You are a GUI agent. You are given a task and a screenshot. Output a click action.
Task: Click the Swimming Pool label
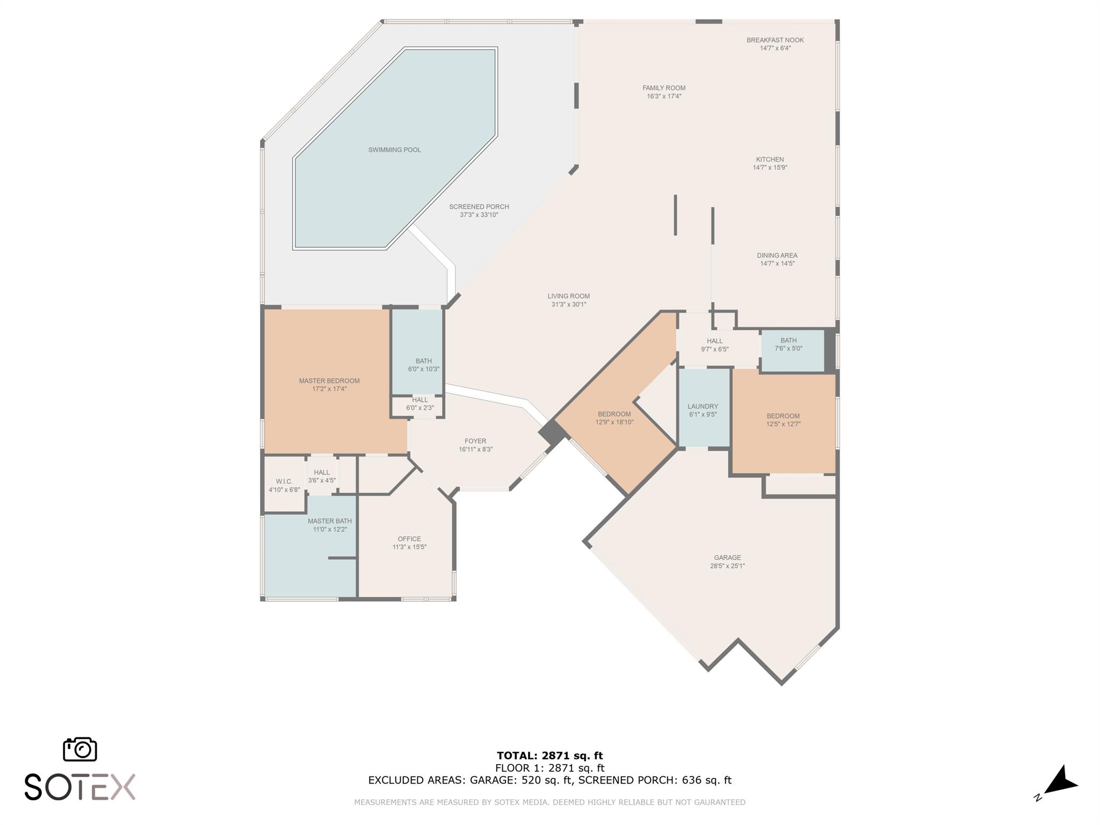(x=394, y=150)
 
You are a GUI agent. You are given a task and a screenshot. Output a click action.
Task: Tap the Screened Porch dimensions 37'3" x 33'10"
(x=479, y=215)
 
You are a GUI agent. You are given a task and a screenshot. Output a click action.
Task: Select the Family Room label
(x=664, y=88)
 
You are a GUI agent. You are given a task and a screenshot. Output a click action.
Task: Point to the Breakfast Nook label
(x=775, y=40)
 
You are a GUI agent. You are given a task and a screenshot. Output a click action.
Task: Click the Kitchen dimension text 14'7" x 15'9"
(x=770, y=168)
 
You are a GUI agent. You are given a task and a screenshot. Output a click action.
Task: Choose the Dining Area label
(x=777, y=256)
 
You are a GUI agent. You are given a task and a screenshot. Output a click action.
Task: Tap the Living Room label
(x=569, y=296)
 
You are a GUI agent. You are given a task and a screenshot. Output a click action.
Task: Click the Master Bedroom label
(x=329, y=381)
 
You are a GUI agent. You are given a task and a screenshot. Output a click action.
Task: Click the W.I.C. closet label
(x=284, y=482)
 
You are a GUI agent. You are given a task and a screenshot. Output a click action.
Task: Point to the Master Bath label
(x=330, y=521)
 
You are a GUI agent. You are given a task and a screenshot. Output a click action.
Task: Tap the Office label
(x=409, y=539)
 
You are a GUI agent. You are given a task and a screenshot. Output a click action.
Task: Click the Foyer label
(x=475, y=442)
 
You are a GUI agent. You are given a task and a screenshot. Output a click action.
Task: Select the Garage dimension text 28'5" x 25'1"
(x=727, y=566)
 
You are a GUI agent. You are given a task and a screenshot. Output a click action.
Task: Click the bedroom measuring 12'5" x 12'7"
(x=784, y=422)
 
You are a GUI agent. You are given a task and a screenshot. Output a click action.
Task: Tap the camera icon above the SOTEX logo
(x=80, y=749)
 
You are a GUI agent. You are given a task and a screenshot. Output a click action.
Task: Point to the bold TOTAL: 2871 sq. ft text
(x=550, y=756)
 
